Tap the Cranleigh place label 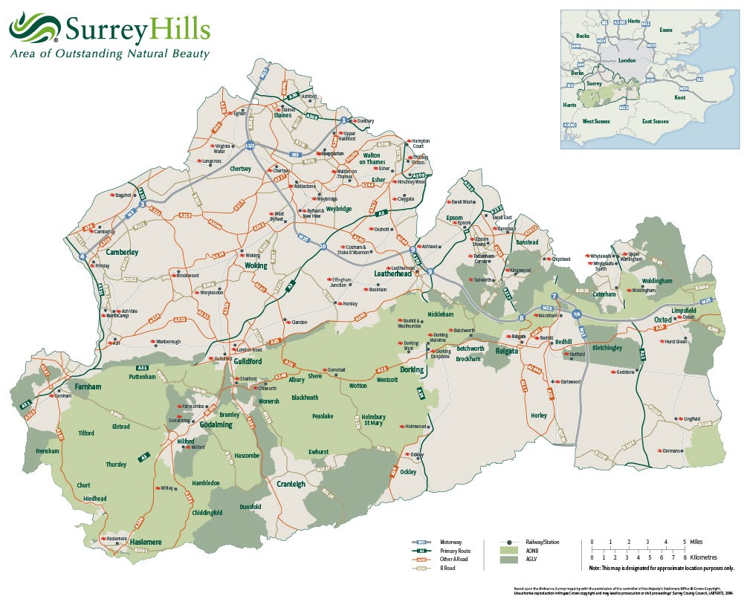point(291,484)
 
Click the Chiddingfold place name point(207,513)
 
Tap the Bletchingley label point(611,348)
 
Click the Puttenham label point(142,377)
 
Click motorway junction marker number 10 point(323,246)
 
